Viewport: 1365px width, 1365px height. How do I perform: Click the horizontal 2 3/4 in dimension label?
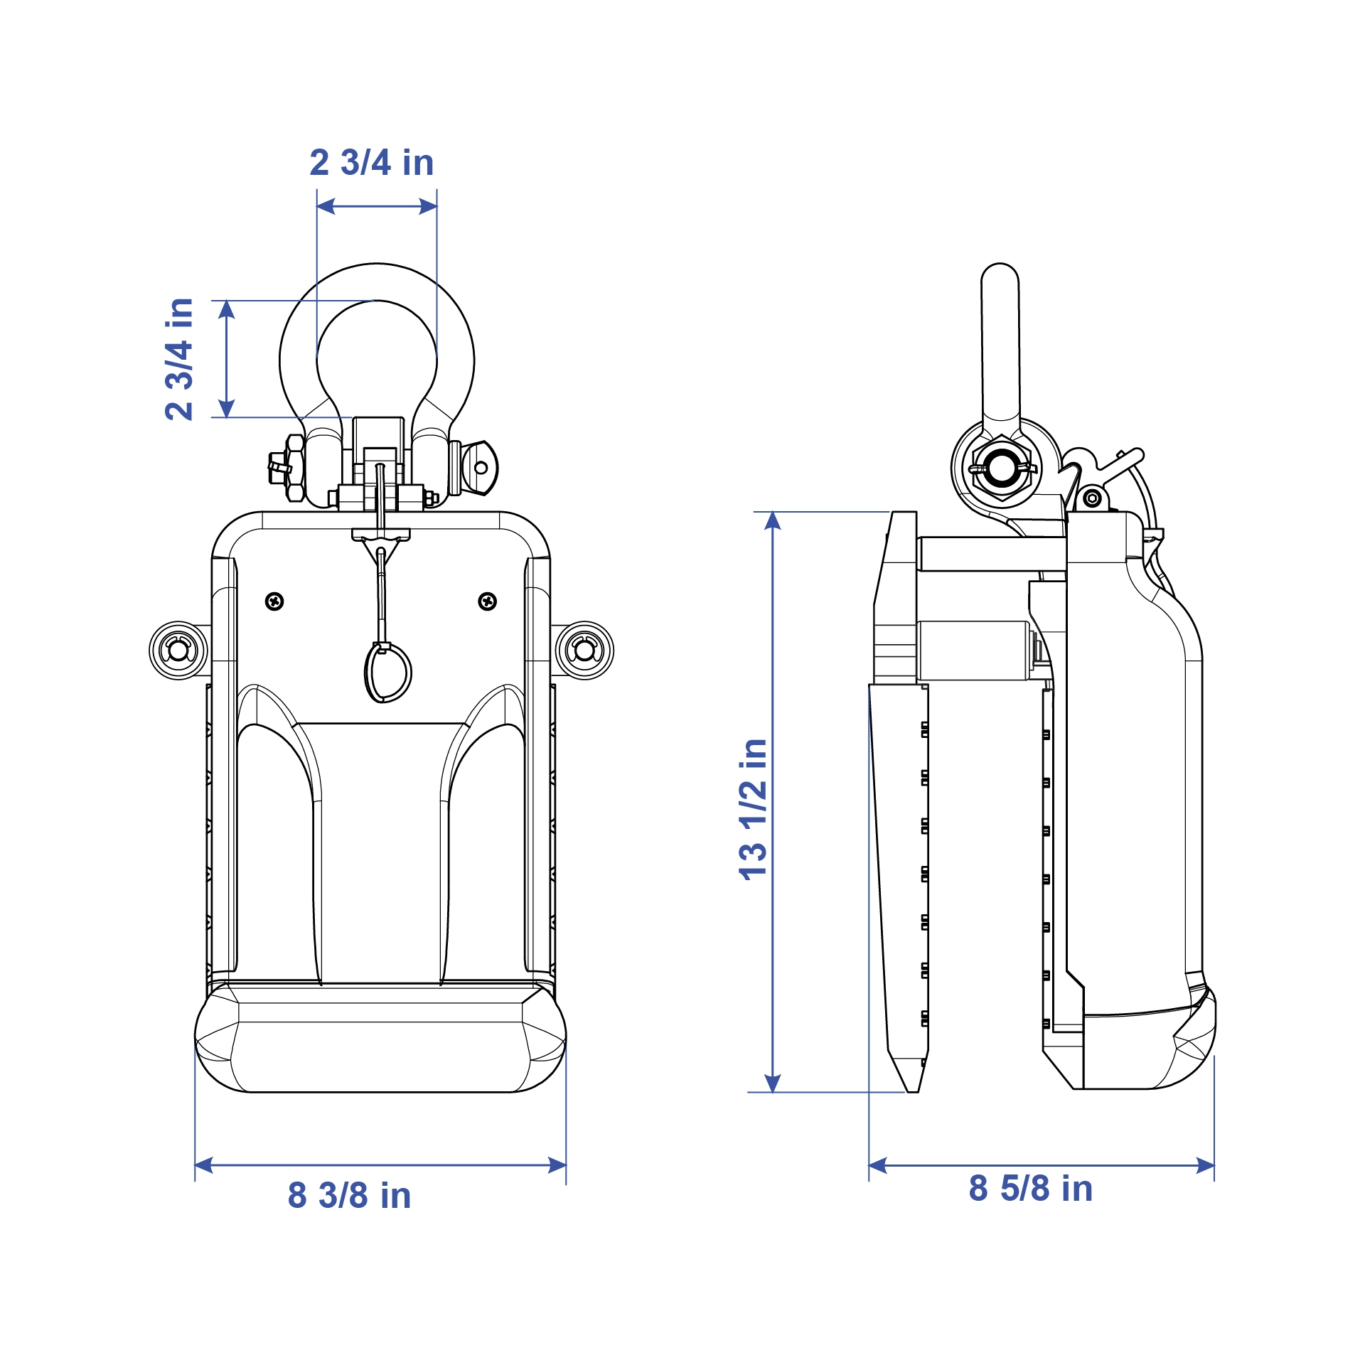pos(372,163)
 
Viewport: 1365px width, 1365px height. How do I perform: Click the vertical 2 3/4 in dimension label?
pos(179,359)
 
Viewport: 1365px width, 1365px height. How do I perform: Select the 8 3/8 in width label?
pos(349,1195)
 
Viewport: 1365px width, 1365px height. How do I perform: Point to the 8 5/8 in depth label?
pos(1030,1188)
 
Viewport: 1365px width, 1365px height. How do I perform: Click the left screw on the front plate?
pos(274,601)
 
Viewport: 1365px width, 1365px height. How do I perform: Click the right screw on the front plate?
pos(487,601)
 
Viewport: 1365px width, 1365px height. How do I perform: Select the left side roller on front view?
pos(178,650)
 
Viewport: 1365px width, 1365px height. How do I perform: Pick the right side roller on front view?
pos(584,650)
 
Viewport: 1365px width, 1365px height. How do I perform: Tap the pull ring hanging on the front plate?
pos(388,672)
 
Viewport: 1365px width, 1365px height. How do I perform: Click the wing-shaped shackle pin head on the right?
pos(480,468)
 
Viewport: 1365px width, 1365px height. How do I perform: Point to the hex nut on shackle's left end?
pos(294,469)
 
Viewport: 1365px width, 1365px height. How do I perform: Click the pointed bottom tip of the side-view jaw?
pos(912,1088)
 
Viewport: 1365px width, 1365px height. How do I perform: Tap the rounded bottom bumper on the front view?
pos(380,1046)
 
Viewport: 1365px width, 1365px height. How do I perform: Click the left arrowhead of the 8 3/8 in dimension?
pos(203,1165)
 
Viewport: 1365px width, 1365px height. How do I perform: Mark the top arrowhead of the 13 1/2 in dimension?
pos(773,520)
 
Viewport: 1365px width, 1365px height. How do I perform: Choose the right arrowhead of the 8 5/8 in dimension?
pos(1205,1165)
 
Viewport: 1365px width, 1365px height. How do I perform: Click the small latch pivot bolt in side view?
pos(1093,498)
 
